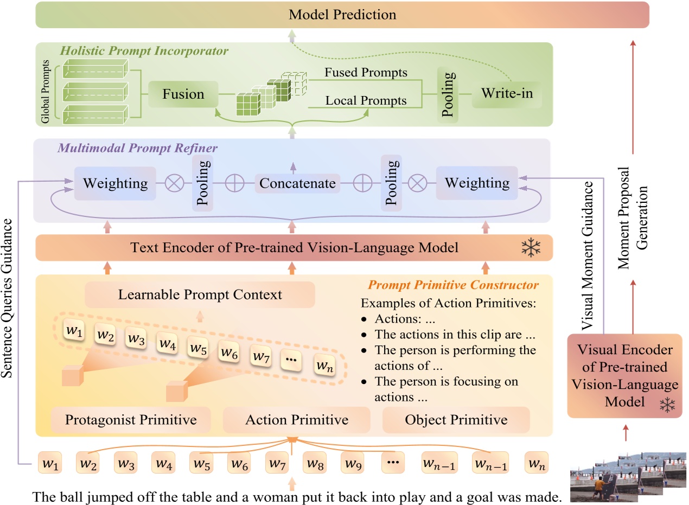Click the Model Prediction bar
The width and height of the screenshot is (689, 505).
click(x=342, y=15)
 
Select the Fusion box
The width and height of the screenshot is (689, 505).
click(x=183, y=94)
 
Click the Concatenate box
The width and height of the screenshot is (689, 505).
click(x=297, y=183)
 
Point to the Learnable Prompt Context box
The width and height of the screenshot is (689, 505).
click(x=200, y=295)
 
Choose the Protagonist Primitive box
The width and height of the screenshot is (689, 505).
click(x=131, y=420)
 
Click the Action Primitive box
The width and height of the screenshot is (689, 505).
click(x=296, y=420)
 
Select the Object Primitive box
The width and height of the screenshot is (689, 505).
click(x=456, y=420)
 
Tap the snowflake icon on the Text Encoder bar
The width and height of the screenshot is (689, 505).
click(x=531, y=248)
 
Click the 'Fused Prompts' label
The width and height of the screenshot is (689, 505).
click(x=366, y=72)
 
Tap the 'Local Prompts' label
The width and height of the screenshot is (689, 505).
click(x=366, y=100)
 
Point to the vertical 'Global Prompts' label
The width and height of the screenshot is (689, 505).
click(x=46, y=89)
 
